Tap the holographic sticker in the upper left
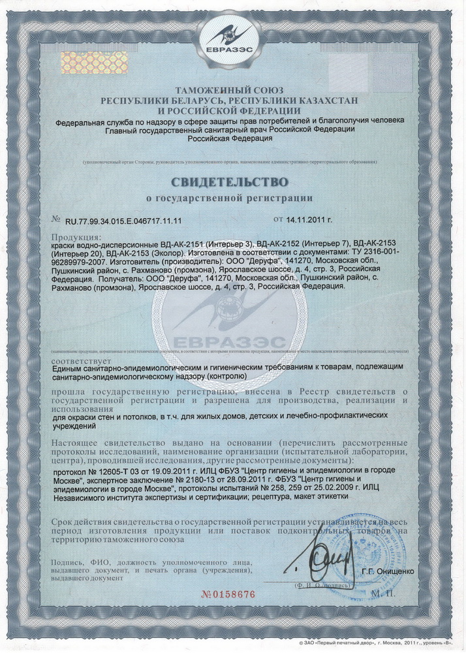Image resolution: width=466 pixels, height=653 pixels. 76,62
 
